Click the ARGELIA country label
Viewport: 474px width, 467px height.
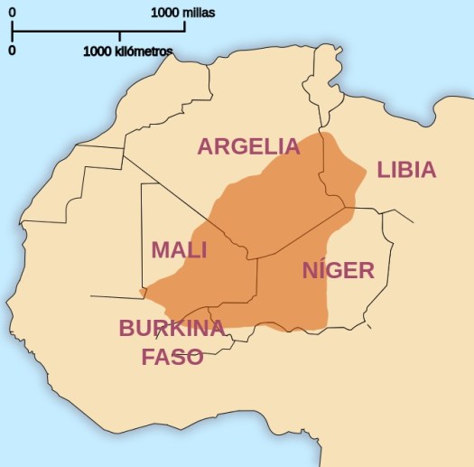tap(248, 146)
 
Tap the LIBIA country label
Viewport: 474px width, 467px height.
tap(406, 170)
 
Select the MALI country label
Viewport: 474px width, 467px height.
tap(179, 250)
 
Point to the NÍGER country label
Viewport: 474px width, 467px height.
tap(338, 270)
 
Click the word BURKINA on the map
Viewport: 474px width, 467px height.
tap(172, 328)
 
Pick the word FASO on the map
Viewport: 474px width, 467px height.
tap(172, 357)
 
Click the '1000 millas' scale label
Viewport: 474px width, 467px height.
tap(183, 13)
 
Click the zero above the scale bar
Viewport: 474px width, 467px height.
tap(12, 13)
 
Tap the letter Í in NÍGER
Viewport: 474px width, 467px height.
tap(322, 269)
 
